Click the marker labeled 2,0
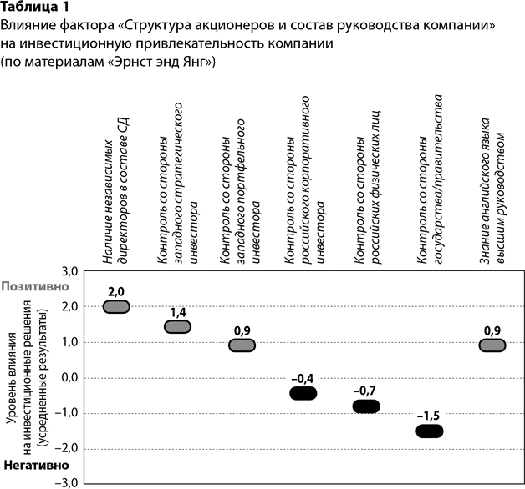[x=116, y=306]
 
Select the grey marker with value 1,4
[x=178, y=326]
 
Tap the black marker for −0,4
[x=303, y=393]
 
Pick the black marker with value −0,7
[x=365, y=406]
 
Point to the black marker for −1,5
[x=429, y=431]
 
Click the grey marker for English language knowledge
[x=492, y=345]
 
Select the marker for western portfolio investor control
[x=242, y=345]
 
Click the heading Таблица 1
[x=35, y=8]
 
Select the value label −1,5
[x=429, y=416]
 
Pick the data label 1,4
[x=178, y=311]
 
